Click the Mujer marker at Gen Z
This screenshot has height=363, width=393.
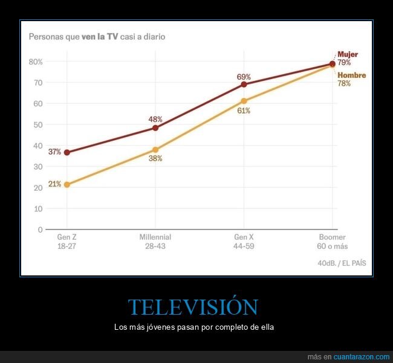coord(67,152)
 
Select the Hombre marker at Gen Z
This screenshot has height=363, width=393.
coord(67,184)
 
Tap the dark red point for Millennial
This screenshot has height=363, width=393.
coord(155,128)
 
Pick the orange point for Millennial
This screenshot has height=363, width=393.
coord(155,150)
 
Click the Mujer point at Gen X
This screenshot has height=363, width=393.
coord(244,85)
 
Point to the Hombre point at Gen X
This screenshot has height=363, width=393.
coord(244,101)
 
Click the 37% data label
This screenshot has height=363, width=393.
coord(55,152)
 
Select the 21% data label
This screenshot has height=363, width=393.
coord(55,184)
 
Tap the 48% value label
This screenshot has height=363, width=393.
coord(155,119)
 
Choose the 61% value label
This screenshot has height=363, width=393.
coord(244,111)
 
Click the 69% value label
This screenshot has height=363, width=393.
coord(244,77)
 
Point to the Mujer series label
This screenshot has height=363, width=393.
coord(348,54)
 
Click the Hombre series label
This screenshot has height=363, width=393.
coord(351,75)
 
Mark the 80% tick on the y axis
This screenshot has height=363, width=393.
coord(35,62)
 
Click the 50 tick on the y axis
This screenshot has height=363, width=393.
coord(37,124)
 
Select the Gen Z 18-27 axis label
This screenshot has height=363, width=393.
coord(67,242)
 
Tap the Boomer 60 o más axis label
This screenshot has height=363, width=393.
coord(332,242)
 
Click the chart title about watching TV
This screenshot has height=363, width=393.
coord(97,36)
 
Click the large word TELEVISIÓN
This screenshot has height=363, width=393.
coord(193,307)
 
